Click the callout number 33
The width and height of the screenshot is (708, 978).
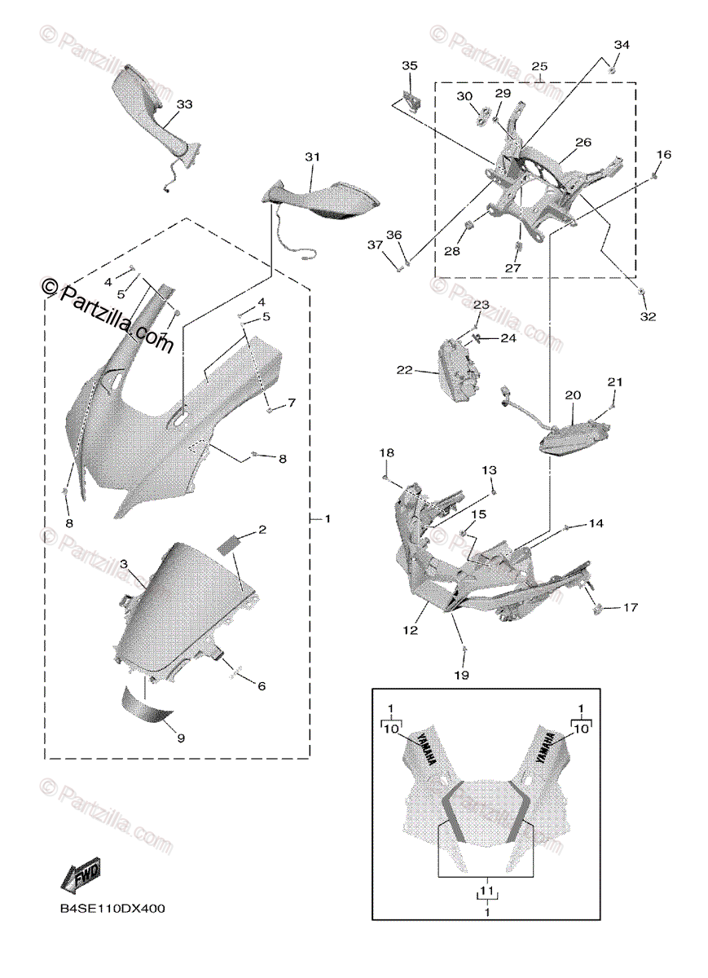184,105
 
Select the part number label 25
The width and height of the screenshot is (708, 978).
539,66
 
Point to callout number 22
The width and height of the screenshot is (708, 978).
405,370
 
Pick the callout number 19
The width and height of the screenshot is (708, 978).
461,676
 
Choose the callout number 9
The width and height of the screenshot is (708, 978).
181,738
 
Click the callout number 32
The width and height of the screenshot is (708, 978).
648,316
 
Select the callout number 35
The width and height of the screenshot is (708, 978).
409,64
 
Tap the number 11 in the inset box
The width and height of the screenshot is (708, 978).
486,892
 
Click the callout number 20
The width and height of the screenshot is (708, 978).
573,394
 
